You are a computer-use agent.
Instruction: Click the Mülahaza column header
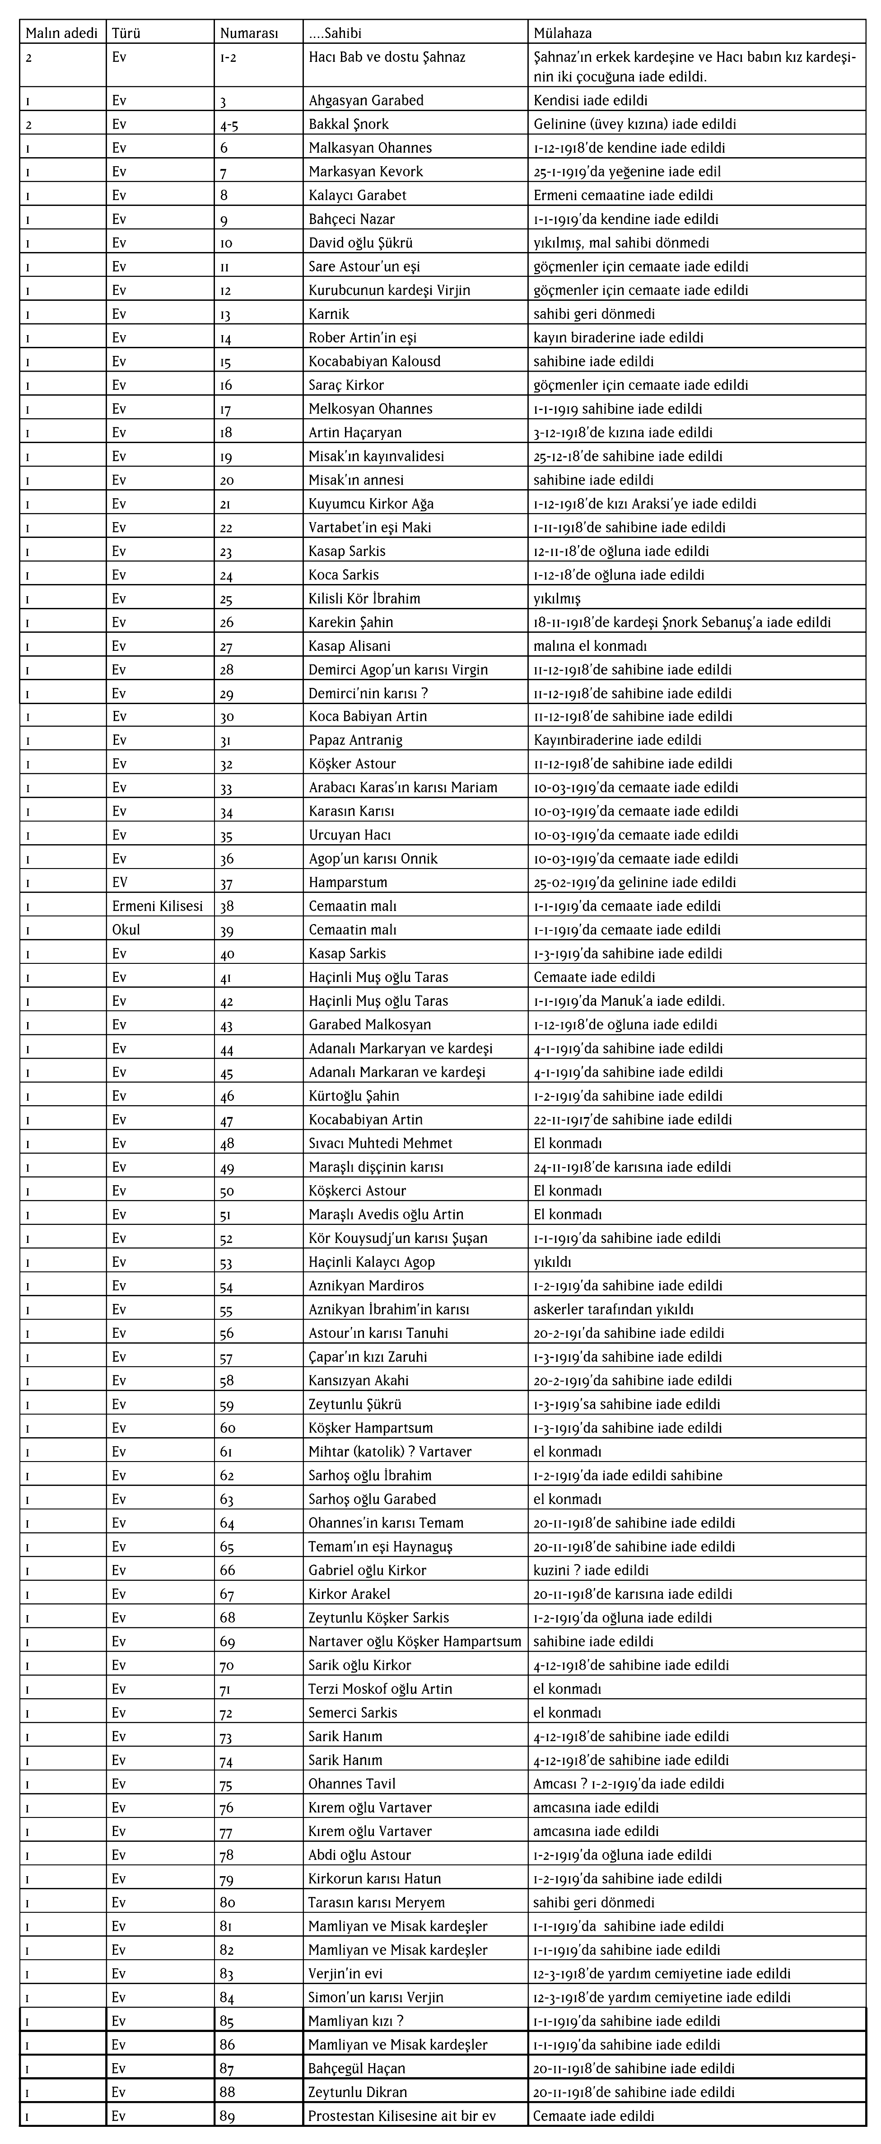coord(562,33)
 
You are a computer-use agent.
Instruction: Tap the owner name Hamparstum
coord(348,882)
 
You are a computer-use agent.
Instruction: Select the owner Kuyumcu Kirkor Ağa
coord(371,504)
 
